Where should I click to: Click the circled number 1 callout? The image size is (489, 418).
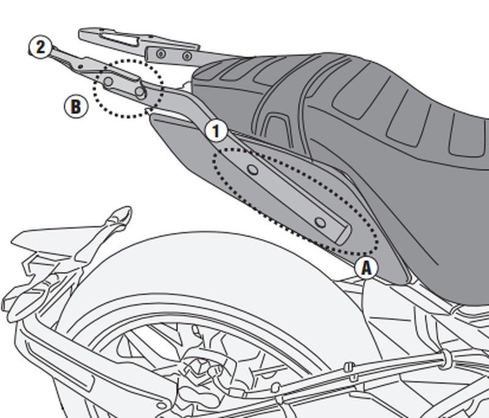tap(216, 131)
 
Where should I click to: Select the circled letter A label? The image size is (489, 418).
tap(366, 268)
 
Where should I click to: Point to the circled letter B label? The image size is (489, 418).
tap(75, 107)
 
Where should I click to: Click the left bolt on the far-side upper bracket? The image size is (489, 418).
tap(160, 55)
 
